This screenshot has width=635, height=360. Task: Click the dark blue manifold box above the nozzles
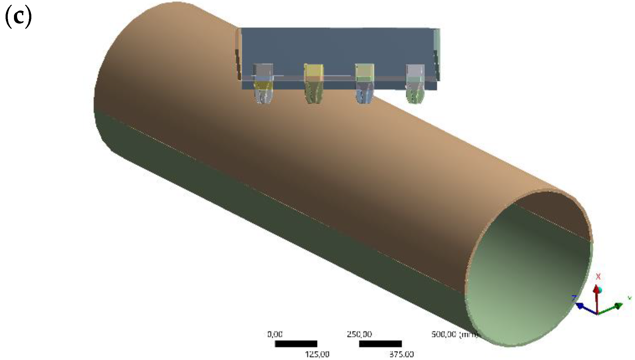click(338, 47)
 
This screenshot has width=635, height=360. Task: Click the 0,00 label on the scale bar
click(275, 334)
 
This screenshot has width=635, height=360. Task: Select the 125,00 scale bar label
click(317, 354)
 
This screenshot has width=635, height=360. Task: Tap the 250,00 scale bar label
click(359, 334)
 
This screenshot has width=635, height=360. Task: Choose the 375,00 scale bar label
click(401, 354)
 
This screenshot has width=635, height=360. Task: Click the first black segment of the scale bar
click(296, 344)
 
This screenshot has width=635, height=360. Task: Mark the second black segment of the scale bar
click(380, 344)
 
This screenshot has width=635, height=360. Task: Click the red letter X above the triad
click(598, 276)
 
